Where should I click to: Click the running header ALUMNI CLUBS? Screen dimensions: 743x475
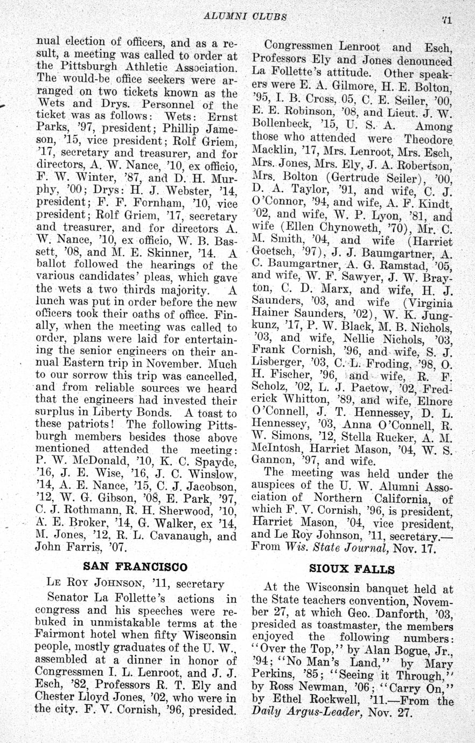(245, 16)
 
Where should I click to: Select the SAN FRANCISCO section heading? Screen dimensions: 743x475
(135, 566)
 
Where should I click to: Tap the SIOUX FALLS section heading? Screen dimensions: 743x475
(352, 569)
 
